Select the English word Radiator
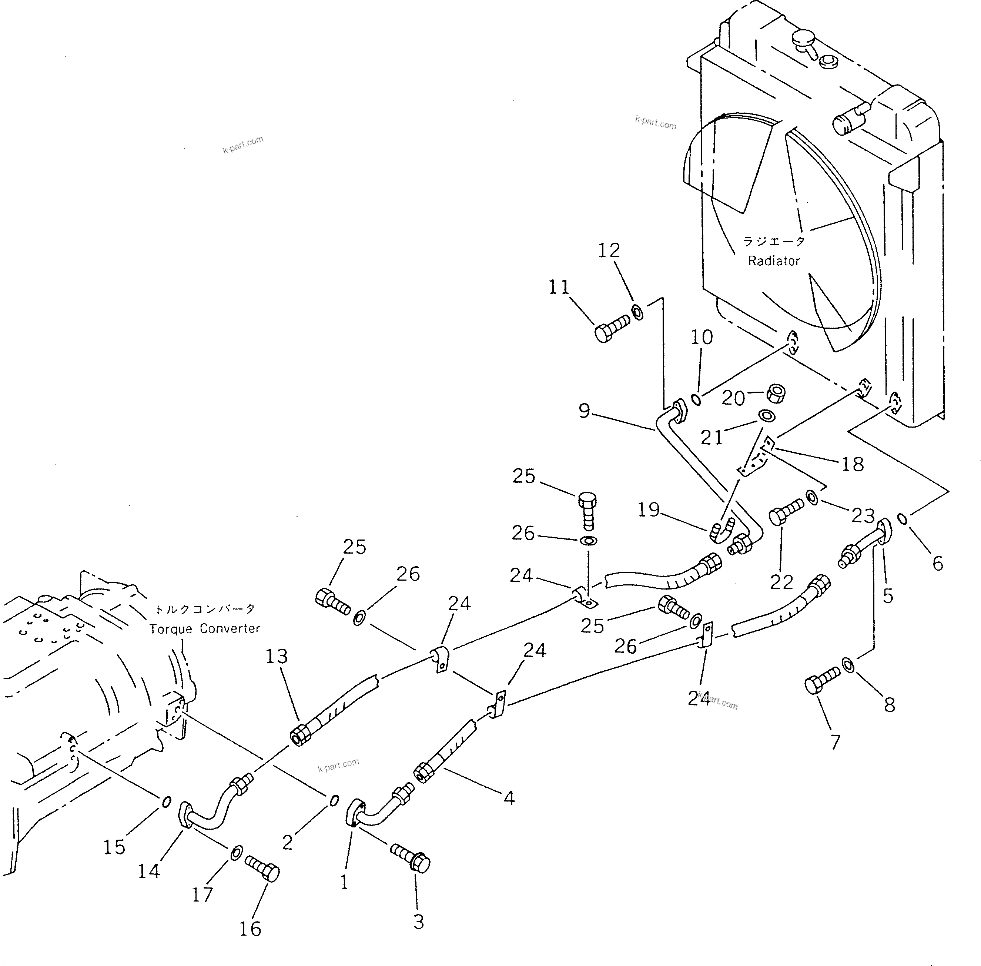[774, 261]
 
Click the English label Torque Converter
[204, 628]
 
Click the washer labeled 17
[236, 852]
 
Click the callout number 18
[852, 464]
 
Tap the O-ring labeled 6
[903, 518]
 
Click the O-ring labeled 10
[697, 400]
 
